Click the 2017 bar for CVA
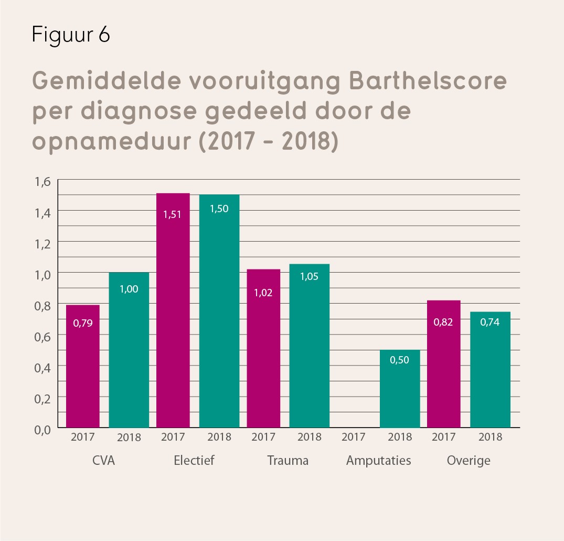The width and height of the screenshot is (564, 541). [82, 366]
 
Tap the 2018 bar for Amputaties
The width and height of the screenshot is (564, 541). [400, 389]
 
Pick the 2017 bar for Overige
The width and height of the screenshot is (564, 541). [444, 364]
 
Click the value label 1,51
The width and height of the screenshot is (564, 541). [173, 214]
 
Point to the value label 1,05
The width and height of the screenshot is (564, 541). [310, 276]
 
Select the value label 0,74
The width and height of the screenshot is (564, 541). [490, 322]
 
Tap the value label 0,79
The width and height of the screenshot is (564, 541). [83, 323]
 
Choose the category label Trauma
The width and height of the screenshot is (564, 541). [288, 461]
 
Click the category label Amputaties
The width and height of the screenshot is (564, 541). [378, 461]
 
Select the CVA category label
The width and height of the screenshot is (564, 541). [103, 461]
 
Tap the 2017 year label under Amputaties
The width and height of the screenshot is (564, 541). [354, 436]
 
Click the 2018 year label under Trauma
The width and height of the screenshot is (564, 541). [310, 436]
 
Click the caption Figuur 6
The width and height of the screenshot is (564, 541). [70, 35]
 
